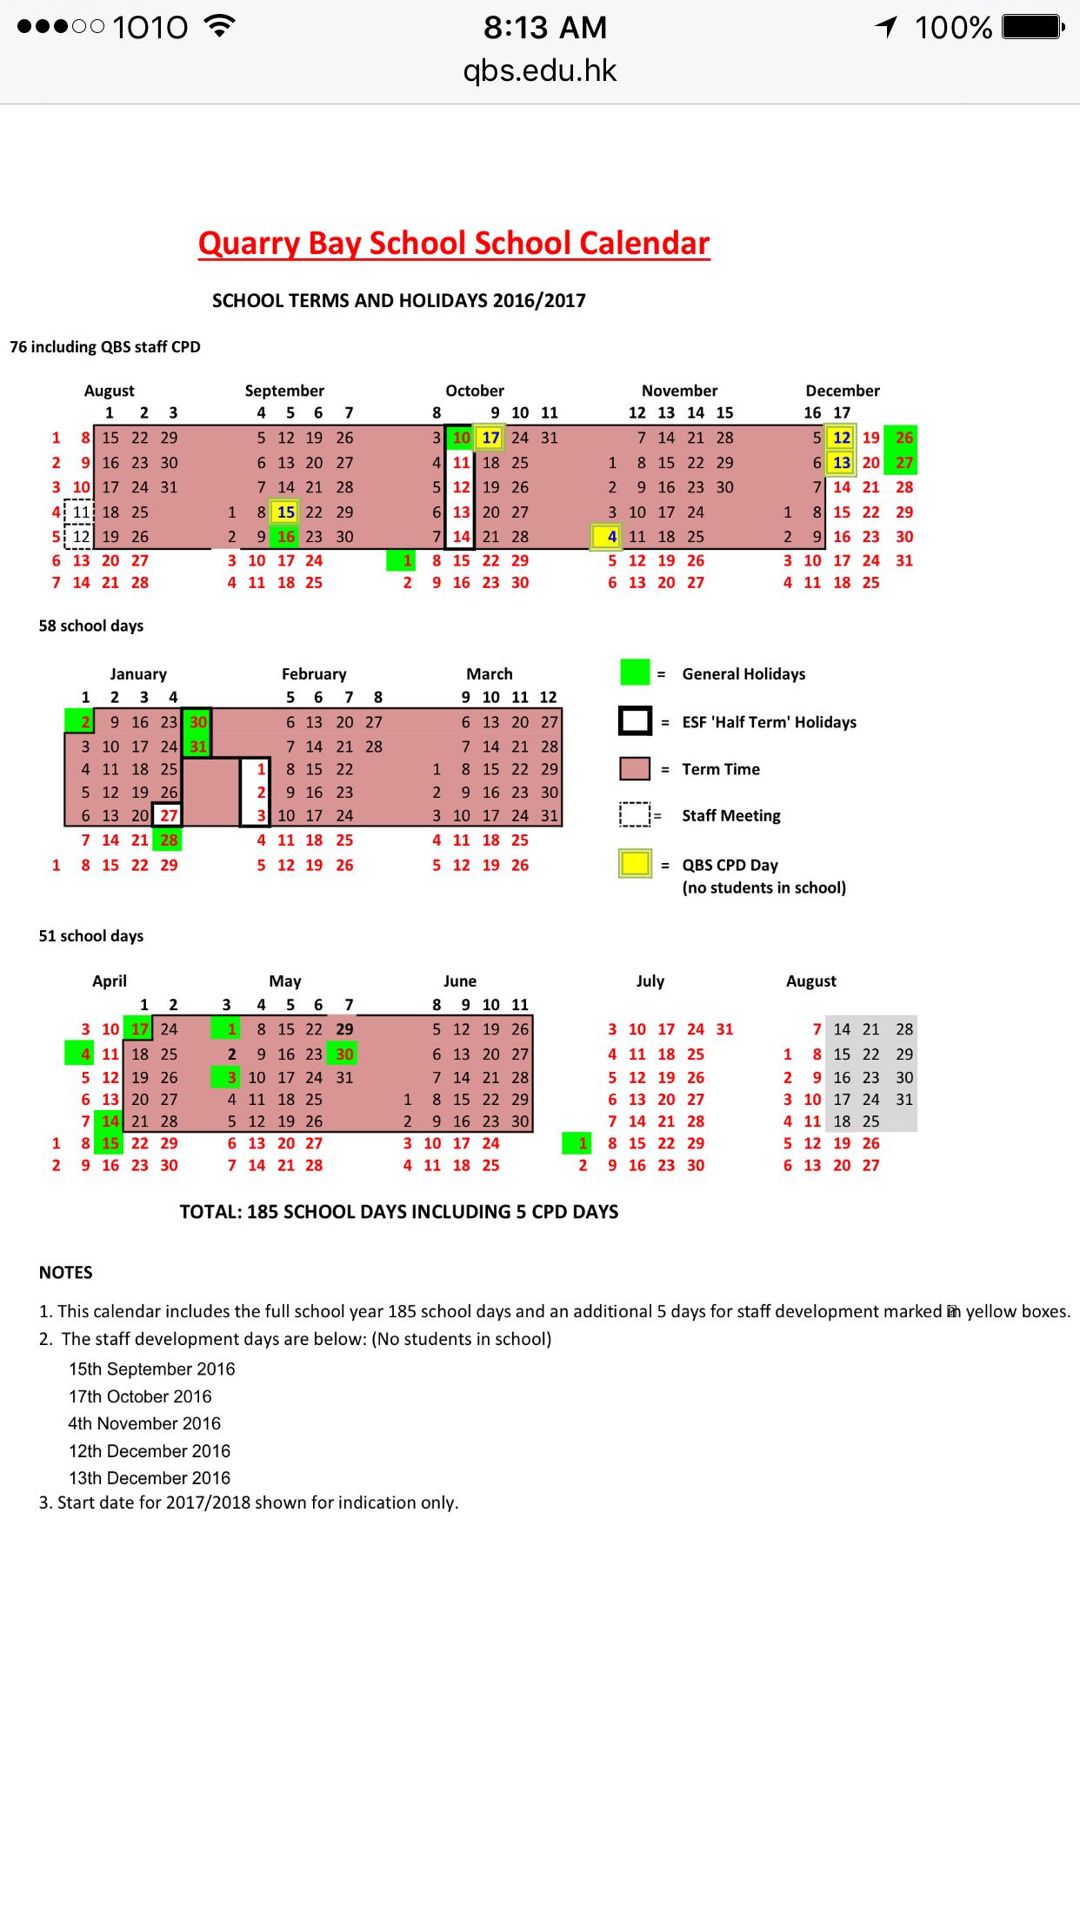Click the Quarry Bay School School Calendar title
[x=454, y=244]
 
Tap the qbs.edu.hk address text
[x=539, y=71]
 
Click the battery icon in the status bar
[x=1032, y=28]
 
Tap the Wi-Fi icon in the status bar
[x=220, y=26]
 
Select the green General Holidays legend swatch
[x=635, y=673]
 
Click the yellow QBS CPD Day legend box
[x=635, y=864]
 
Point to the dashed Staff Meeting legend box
[x=635, y=814]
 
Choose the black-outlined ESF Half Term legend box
[x=635, y=721]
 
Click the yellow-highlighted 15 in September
[x=285, y=512]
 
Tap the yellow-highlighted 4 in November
[x=608, y=537]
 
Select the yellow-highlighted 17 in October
[x=490, y=438]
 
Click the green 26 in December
[x=904, y=438]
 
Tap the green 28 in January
[x=169, y=840]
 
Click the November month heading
[x=679, y=391]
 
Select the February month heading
[x=314, y=674]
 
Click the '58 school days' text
[x=91, y=626]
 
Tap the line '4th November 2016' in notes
[x=144, y=1423]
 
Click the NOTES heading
[x=66, y=1272]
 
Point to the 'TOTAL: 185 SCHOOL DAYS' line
[x=398, y=1212]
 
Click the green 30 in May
[x=344, y=1054]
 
